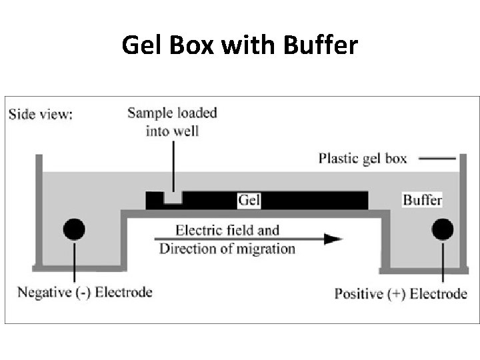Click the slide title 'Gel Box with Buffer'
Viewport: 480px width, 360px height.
click(240, 45)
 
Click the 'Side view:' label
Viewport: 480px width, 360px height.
click(41, 113)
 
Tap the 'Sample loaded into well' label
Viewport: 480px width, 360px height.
click(172, 121)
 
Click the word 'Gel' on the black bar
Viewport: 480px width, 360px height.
click(249, 199)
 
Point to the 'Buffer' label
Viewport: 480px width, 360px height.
click(422, 199)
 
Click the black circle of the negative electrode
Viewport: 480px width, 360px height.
click(74, 229)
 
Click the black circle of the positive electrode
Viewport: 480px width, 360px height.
click(443, 229)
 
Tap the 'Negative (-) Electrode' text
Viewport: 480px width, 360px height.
click(85, 292)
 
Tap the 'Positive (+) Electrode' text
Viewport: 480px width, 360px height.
click(400, 293)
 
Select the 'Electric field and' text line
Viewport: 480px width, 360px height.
click(227, 231)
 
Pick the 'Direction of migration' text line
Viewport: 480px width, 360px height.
click(227, 249)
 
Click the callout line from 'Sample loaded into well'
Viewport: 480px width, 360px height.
click(173, 167)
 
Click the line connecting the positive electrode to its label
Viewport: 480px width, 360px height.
click(443, 263)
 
